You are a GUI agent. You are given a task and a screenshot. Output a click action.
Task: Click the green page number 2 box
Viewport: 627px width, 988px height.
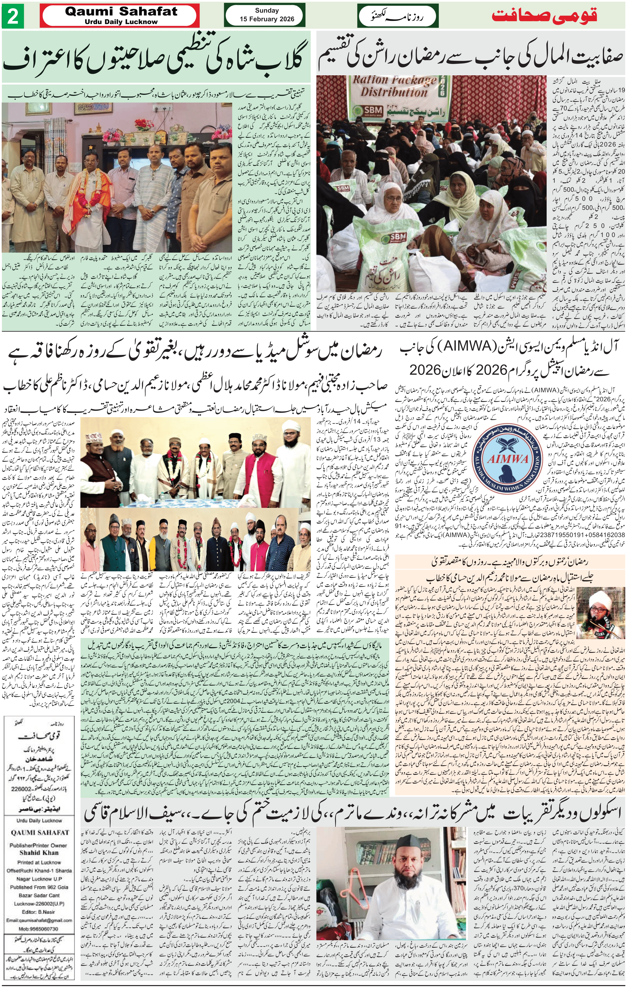13,17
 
